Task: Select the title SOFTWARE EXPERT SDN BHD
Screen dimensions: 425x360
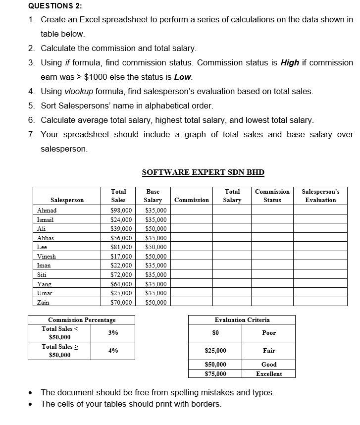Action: pos(203,172)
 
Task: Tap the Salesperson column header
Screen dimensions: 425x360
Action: pos(67,200)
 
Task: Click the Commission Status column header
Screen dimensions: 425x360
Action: pos(272,196)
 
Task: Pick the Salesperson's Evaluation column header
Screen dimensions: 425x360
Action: pos(320,196)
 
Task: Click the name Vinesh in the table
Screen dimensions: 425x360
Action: pos(47,257)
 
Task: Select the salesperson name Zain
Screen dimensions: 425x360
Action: pos(43,302)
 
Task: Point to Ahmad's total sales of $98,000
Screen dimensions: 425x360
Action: pos(121,211)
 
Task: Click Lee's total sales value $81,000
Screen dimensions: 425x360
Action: pos(121,247)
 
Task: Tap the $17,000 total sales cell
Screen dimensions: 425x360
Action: pos(121,257)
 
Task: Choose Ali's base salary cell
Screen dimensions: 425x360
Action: pos(156,229)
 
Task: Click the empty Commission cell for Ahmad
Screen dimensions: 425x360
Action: pos(192,211)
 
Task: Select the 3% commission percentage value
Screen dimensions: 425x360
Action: pos(113,333)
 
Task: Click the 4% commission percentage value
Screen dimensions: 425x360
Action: pos(113,351)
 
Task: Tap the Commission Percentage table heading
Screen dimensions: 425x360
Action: pos(82,320)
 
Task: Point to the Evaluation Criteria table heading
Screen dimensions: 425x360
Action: pos(242,320)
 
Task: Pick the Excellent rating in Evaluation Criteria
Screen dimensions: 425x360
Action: pos(269,374)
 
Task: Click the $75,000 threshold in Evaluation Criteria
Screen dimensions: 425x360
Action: pos(215,374)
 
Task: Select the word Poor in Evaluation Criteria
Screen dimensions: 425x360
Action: pos(269,333)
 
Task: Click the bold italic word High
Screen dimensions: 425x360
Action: pos(290,63)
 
